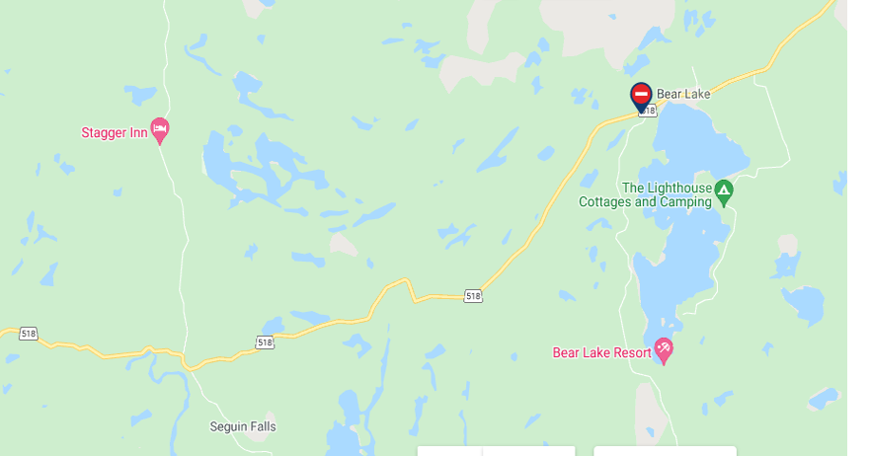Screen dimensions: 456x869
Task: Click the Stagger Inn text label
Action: (114, 132)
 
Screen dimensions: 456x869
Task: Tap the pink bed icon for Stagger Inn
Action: (160, 130)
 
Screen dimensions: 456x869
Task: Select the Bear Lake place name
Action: (683, 94)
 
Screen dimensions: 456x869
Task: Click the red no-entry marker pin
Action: (641, 95)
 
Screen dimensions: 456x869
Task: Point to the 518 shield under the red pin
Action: (647, 112)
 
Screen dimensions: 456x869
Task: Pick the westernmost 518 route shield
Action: (28, 334)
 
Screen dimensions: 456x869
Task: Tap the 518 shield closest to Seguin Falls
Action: (264, 342)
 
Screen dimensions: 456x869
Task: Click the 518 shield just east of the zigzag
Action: (473, 296)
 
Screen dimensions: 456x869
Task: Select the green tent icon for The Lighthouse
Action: (724, 190)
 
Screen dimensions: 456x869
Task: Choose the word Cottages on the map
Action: (604, 202)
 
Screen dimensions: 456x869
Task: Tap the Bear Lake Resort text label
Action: (601, 352)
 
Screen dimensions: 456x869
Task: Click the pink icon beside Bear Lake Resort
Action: (664, 348)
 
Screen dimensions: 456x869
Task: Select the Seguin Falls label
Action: (243, 427)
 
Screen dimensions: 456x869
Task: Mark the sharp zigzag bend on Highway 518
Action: (407, 287)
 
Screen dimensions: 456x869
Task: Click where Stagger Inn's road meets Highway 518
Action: (185, 353)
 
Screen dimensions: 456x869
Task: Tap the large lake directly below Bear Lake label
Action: (696, 138)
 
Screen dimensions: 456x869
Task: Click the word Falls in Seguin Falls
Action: (261, 427)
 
